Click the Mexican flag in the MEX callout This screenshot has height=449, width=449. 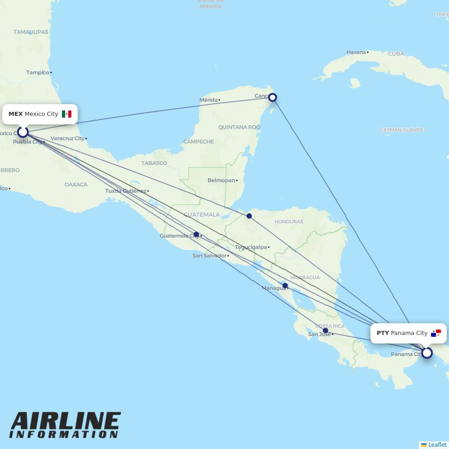pyautogui.click(x=66, y=114)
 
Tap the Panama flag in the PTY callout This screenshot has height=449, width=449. pyautogui.click(x=436, y=333)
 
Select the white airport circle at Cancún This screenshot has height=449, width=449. pyautogui.click(x=272, y=97)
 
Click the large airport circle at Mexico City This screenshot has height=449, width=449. pyautogui.click(x=23, y=132)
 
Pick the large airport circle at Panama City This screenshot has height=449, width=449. pyautogui.click(x=427, y=353)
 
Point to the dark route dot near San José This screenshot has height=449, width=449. pyautogui.click(x=326, y=330)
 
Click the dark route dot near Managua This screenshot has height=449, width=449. pyautogui.click(x=285, y=286)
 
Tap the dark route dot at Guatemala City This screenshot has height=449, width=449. pyautogui.click(x=196, y=234)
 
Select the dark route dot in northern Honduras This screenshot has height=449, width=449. pyautogui.click(x=249, y=216)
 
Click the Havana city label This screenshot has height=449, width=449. pyautogui.click(x=356, y=52)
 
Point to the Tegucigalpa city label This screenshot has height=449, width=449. pyautogui.click(x=251, y=247)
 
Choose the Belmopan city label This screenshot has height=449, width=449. pyautogui.click(x=221, y=180)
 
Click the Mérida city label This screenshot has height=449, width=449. pyautogui.click(x=208, y=100)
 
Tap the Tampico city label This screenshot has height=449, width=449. pyautogui.click(x=38, y=72)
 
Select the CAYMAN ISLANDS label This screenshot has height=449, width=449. pyautogui.click(x=401, y=130)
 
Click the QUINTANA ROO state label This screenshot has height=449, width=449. pyautogui.click(x=239, y=127)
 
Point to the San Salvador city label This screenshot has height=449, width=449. pyautogui.click(x=209, y=255)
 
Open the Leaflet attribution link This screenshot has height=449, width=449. pyautogui.click(x=437, y=445)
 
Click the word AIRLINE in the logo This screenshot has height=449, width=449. pyautogui.click(x=66, y=422)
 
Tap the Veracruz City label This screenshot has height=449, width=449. pyautogui.click(x=67, y=138)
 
